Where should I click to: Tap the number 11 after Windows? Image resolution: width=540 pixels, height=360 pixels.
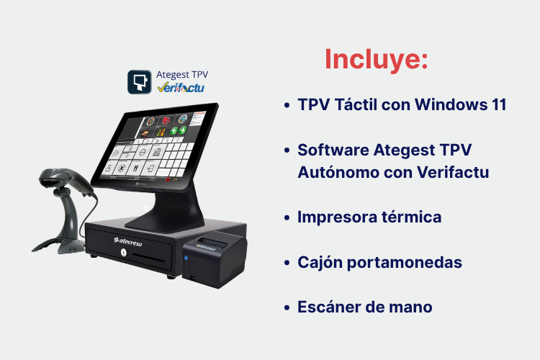498,104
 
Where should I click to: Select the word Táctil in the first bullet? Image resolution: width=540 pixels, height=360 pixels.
356,104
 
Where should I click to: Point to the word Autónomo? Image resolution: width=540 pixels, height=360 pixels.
338,172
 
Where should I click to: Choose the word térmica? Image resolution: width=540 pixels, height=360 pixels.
412,217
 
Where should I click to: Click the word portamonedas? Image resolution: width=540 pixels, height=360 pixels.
405,263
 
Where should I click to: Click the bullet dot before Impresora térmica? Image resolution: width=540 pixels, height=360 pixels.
287,217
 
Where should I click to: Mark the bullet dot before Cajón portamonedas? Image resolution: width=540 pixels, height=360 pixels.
287,263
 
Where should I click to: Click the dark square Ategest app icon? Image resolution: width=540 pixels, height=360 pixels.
140,82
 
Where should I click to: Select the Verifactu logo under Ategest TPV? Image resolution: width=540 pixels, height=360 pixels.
181,88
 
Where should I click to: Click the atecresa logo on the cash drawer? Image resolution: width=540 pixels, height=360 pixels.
127,241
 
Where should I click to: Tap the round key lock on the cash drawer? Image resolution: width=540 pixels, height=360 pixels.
123,253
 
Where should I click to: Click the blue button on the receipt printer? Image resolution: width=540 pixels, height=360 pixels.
186,258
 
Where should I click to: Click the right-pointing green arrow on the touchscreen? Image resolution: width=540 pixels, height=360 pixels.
183,130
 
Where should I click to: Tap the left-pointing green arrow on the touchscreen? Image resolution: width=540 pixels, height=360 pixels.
174,130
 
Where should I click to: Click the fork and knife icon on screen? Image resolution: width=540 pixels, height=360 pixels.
135,168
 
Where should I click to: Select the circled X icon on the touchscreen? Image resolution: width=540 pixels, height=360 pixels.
122,168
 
